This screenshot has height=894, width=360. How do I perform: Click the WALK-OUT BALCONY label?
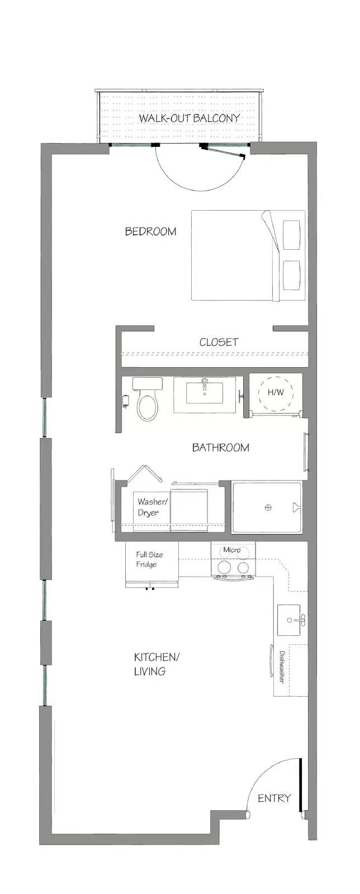(x=189, y=118)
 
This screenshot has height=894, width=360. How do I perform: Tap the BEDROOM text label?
(x=150, y=231)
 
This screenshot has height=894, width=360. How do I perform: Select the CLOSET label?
(x=219, y=342)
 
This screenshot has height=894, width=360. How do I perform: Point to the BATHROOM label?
(x=221, y=448)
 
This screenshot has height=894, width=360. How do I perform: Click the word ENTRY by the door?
(x=274, y=798)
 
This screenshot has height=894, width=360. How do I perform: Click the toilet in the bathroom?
(x=147, y=399)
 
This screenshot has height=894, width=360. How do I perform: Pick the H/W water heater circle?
(x=276, y=392)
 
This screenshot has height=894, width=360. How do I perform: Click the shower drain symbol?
(x=268, y=508)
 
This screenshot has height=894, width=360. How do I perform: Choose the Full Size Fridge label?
(x=149, y=559)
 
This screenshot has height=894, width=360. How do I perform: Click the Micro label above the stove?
(x=232, y=550)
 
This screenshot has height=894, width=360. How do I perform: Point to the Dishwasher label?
(x=281, y=667)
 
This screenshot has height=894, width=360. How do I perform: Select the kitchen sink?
(x=292, y=620)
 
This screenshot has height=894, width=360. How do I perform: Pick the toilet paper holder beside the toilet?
(x=126, y=401)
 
